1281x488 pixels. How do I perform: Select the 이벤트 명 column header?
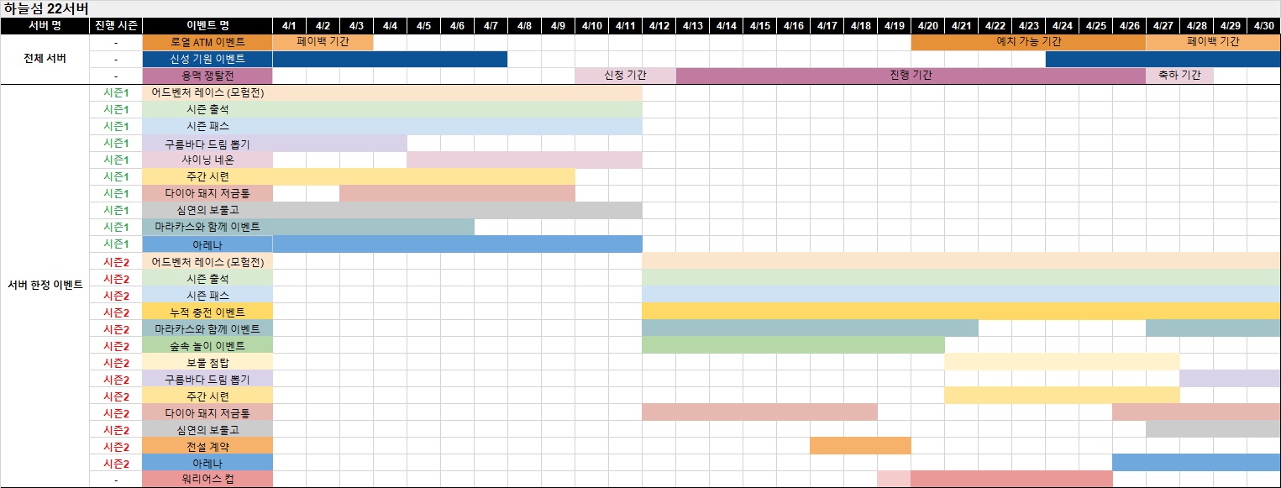[x=207, y=25]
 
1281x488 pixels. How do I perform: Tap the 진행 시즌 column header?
[x=116, y=25]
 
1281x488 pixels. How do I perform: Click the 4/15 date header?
[x=759, y=25]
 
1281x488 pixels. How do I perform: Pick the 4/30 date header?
[x=1263, y=25]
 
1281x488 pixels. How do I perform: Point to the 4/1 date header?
[x=289, y=25]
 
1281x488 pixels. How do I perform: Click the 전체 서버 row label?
[x=45, y=59]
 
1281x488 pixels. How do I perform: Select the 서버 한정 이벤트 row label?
[x=45, y=286]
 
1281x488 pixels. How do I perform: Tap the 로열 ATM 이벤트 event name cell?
[x=207, y=42]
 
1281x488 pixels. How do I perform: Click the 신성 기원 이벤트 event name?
[x=207, y=59]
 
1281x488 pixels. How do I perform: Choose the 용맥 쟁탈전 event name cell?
[x=207, y=76]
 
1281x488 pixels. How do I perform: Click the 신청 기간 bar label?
[x=625, y=76]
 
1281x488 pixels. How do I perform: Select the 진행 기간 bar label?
[x=911, y=76]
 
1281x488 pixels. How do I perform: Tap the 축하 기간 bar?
[x=1179, y=76]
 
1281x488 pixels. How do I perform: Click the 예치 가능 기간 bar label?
[x=1028, y=42]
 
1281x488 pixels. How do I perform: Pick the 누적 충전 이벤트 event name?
[x=207, y=312]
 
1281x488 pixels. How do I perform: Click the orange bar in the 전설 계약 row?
[x=860, y=446]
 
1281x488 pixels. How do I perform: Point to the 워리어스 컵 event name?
[x=207, y=480]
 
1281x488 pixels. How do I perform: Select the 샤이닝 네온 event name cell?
[x=207, y=160]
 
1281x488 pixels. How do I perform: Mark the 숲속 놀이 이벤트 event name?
[x=207, y=345]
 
